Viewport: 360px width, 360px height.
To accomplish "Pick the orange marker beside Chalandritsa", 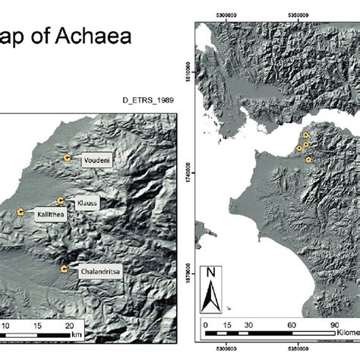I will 63,269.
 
